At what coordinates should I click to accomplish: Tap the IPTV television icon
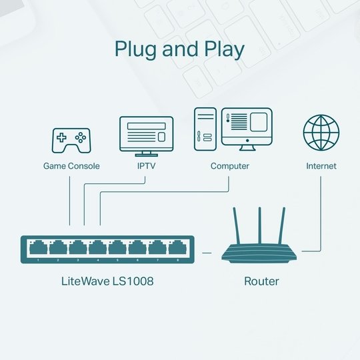click(145, 134)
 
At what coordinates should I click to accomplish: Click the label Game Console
click(71, 166)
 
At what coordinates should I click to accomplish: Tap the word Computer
click(230, 166)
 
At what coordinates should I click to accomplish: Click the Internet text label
click(321, 166)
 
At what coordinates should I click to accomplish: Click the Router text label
click(261, 281)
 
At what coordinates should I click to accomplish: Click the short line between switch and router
click(207, 252)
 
